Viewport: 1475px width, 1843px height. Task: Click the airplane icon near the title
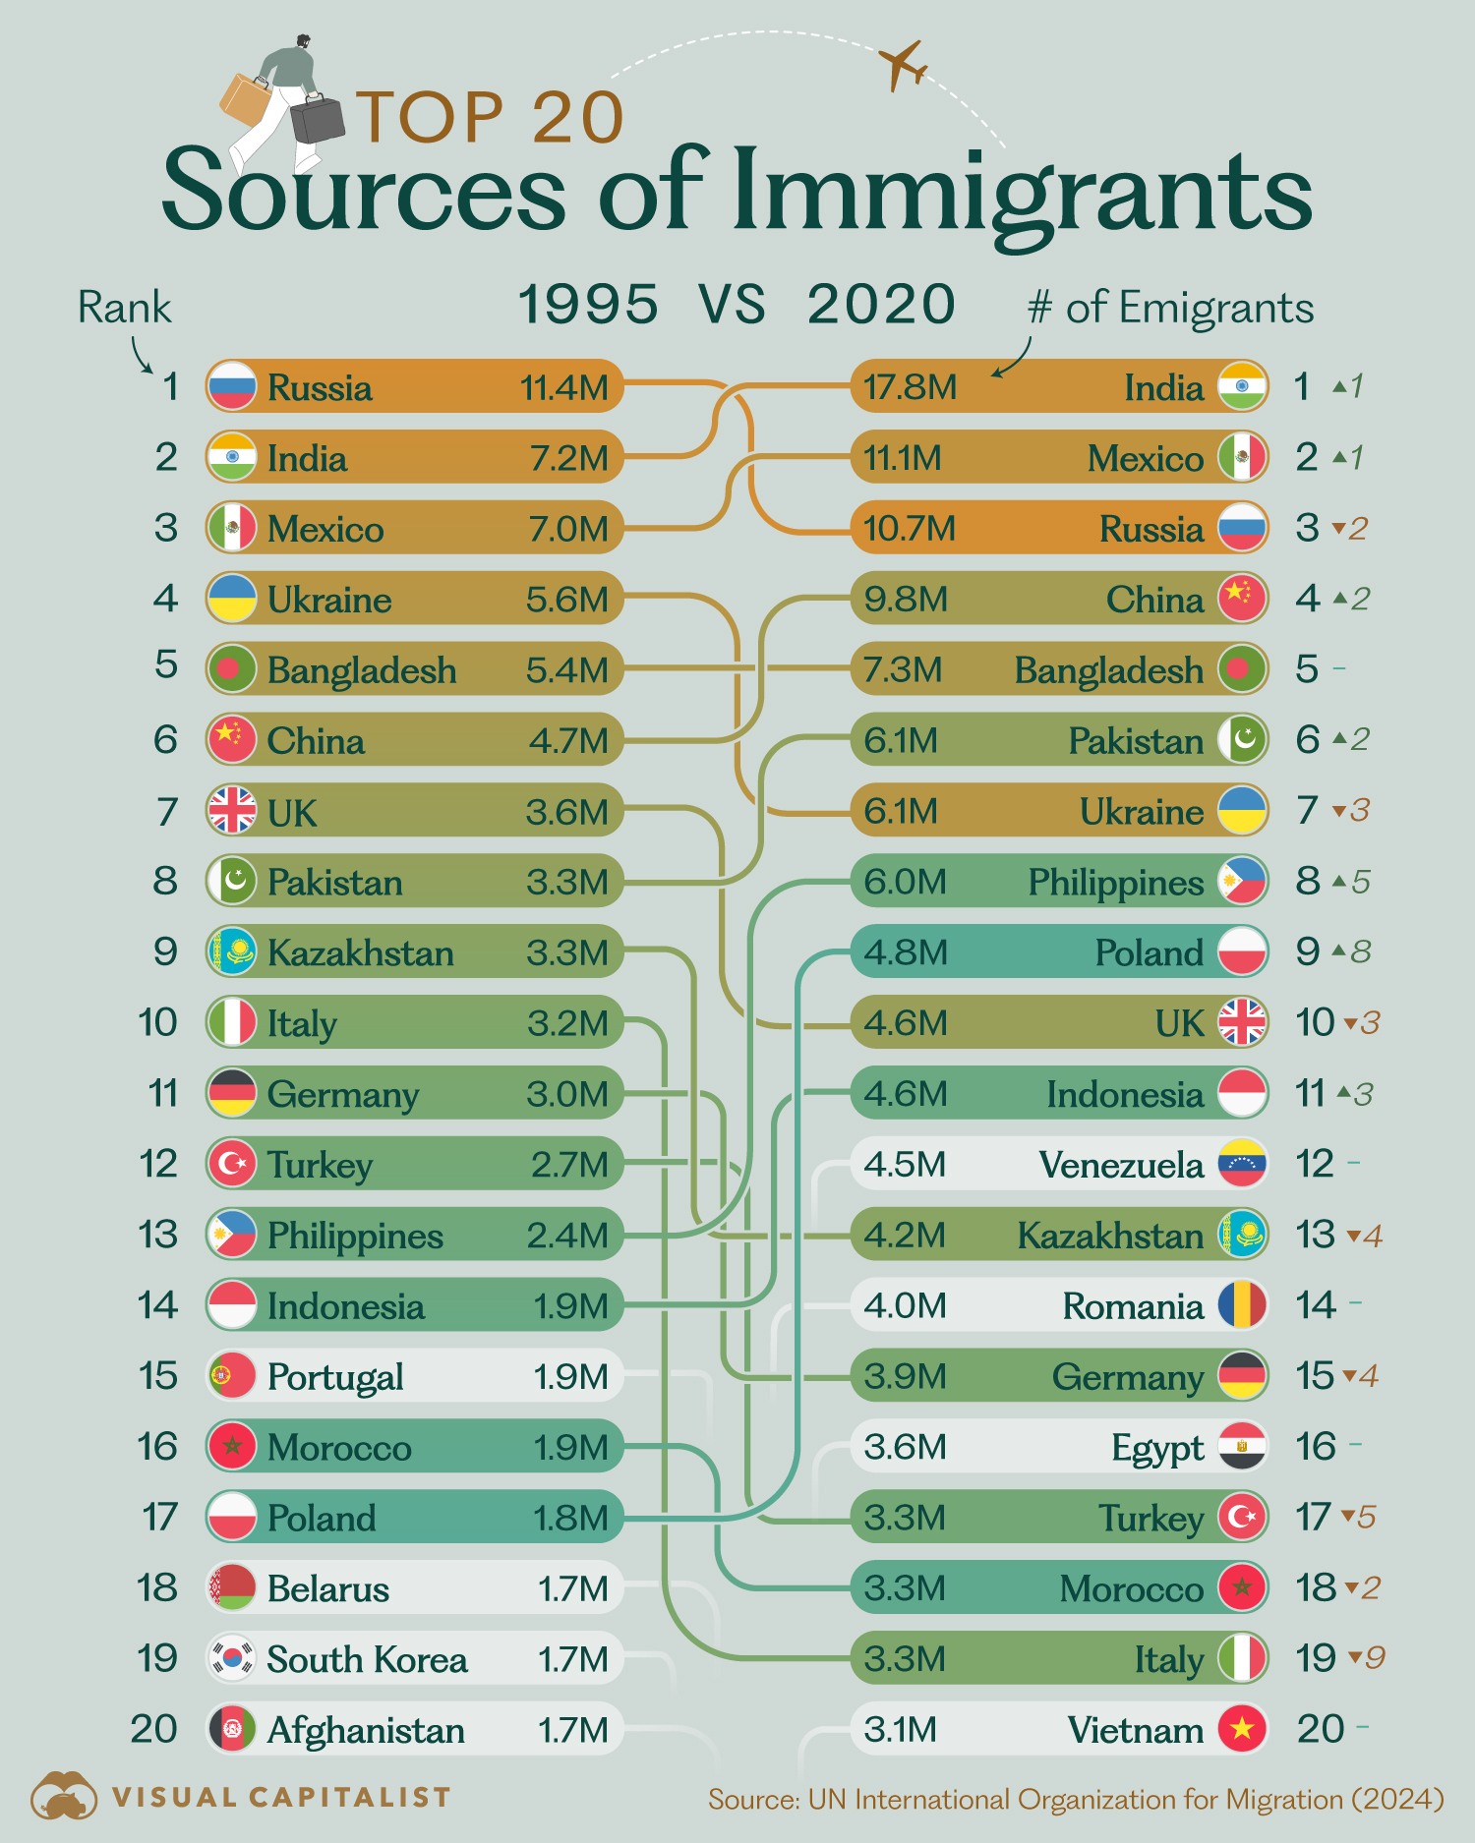pyautogui.click(x=903, y=65)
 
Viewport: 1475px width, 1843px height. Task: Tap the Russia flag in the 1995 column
pyautogui.click(x=232, y=386)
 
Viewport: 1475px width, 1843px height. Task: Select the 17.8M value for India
pyautogui.click(x=910, y=387)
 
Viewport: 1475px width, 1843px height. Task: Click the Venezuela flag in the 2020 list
pyautogui.click(x=1242, y=1164)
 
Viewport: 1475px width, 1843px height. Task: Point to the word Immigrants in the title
pyautogui.click(x=1023, y=192)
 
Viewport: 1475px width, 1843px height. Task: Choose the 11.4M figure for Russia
pyautogui.click(x=564, y=387)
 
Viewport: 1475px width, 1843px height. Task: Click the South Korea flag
pyautogui.click(x=232, y=1658)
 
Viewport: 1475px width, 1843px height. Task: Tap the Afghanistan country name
pyautogui.click(x=366, y=1730)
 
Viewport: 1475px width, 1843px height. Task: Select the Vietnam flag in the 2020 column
pyautogui.click(x=1242, y=1729)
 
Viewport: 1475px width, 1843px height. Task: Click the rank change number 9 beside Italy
pyautogui.click(x=1375, y=1658)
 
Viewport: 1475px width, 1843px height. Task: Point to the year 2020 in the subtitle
pyautogui.click(x=881, y=305)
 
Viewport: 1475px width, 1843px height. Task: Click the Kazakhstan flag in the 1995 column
pyautogui.click(x=232, y=951)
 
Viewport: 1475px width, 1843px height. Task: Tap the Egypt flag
pyautogui.click(x=1242, y=1446)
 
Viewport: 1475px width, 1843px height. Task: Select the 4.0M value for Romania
pyautogui.click(x=905, y=1305)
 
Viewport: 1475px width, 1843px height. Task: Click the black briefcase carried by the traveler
pyautogui.click(x=318, y=119)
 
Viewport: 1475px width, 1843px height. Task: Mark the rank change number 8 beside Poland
pyautogui.click(x=1361, y=951)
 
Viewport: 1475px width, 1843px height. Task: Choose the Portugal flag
pyautogui.click(x=232, y=1376)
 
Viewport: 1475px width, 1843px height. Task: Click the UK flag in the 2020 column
pyautogui.click(x=1242, y=1022)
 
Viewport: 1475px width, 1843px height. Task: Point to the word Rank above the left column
pyautogui.click(x=124, y=308)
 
